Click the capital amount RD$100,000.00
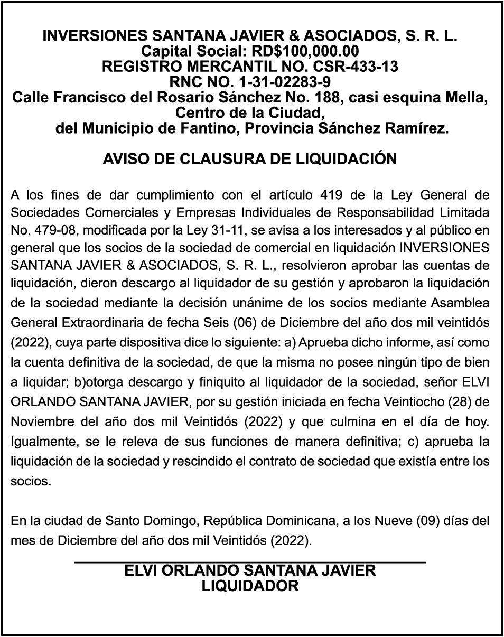click(x=307, y=52)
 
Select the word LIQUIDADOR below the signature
click(x=250, y=586)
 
